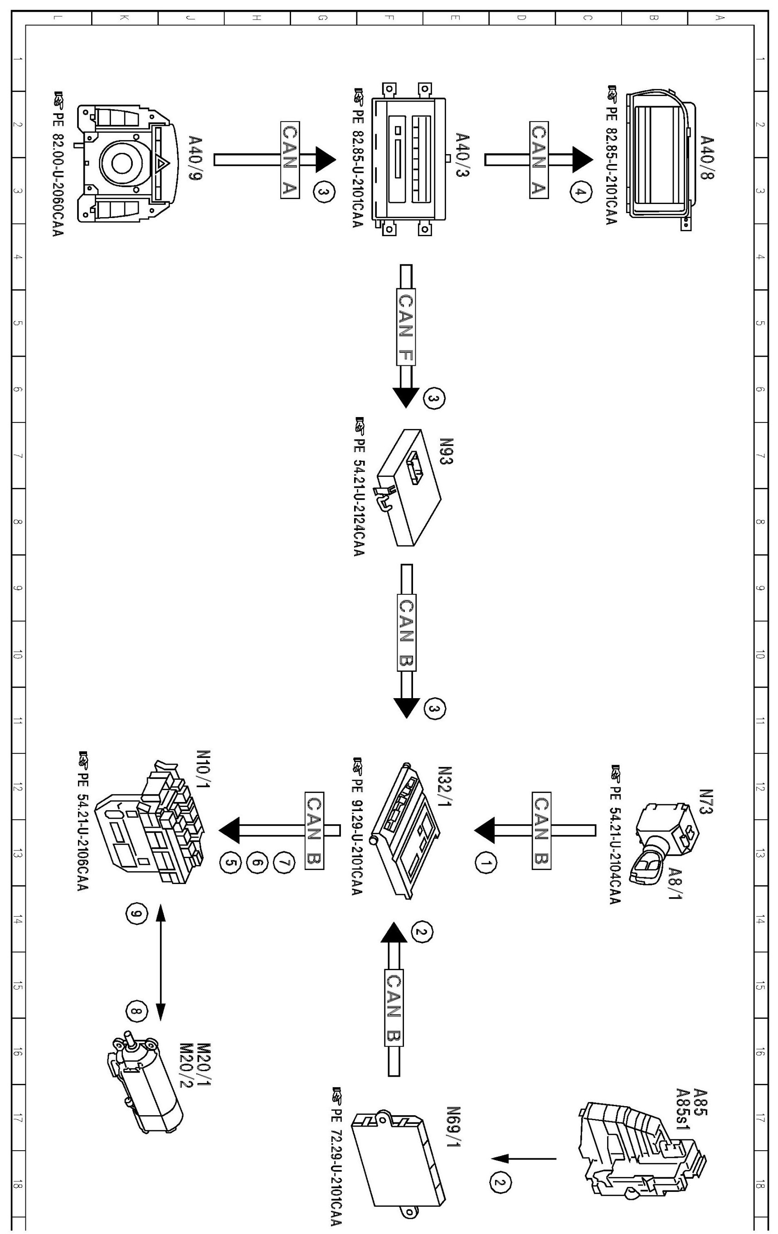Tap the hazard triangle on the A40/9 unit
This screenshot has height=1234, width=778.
tap(162, 164)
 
